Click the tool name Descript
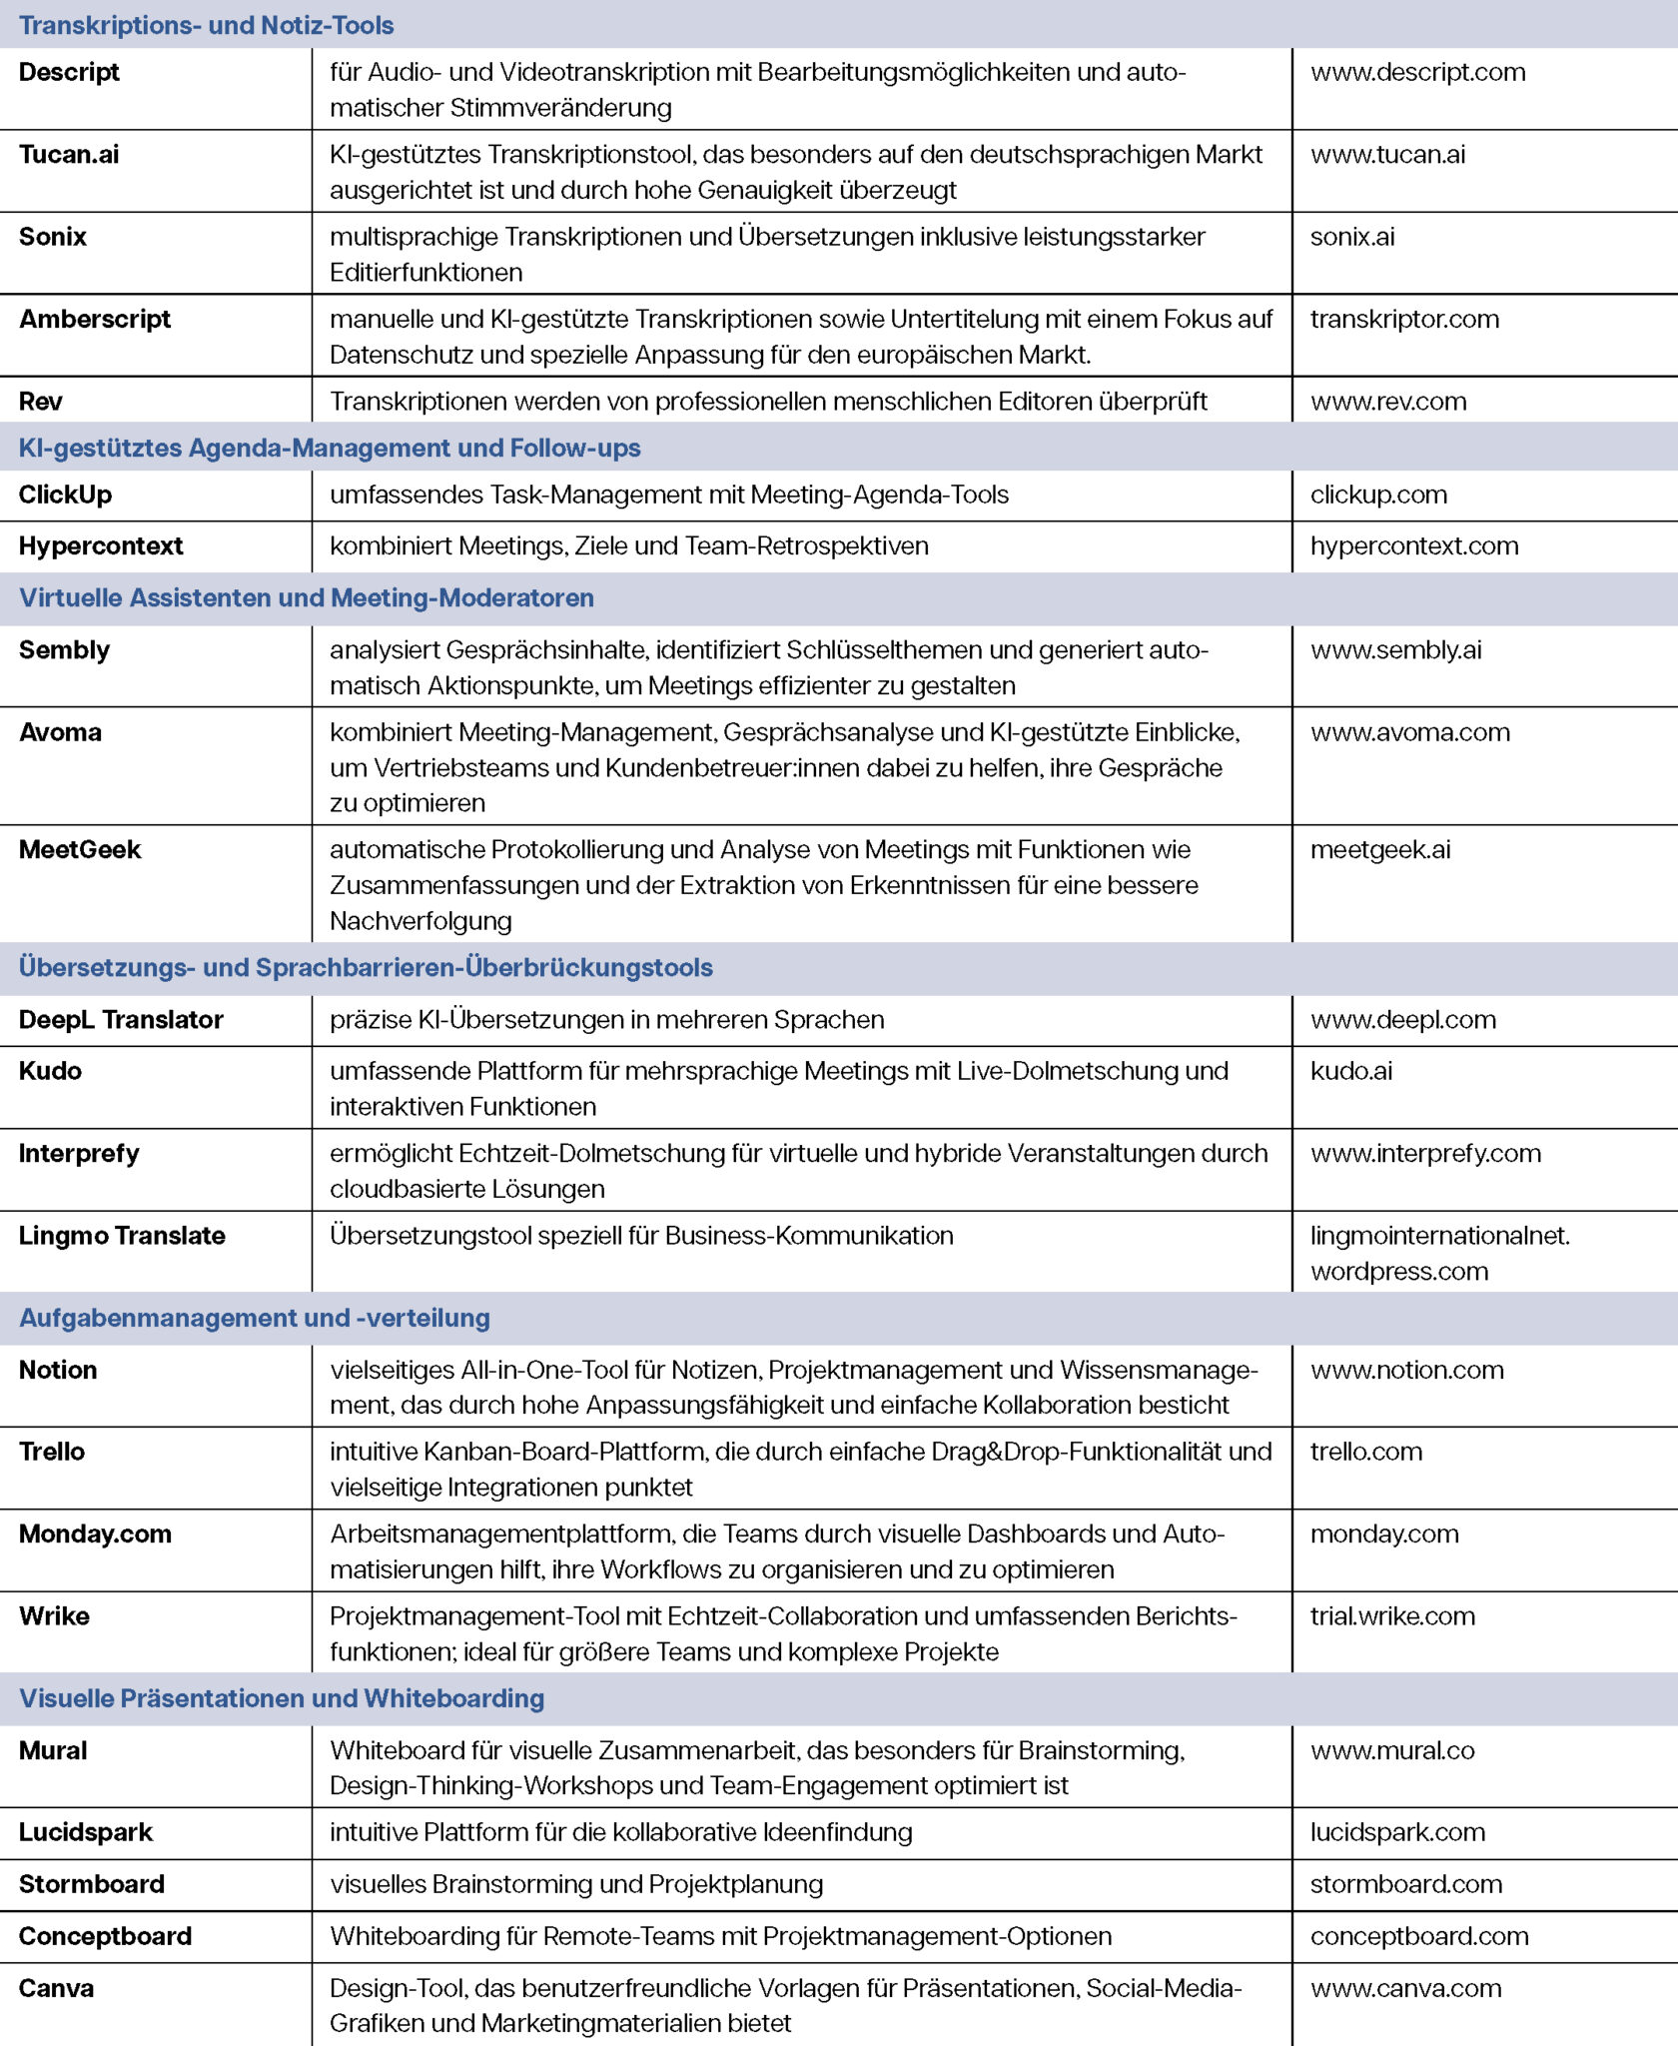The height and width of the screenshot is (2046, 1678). [69, 72]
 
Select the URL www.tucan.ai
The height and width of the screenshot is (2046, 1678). [1387, 154]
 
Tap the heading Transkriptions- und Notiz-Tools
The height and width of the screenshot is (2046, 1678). [206, 25]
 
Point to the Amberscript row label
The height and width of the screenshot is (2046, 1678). [95, 319]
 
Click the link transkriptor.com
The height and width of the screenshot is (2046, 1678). [1404, 319]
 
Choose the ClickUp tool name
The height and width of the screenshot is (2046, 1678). [65, 495]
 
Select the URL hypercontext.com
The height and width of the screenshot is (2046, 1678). [1414, 545]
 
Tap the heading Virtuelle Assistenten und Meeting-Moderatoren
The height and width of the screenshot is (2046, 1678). [306, 597]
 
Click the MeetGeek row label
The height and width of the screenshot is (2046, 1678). [80, 849]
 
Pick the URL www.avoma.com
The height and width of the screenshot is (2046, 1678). [1409, 732]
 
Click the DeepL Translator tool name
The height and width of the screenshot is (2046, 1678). [121, 1019]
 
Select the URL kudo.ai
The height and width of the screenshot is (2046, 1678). [1350, 1071]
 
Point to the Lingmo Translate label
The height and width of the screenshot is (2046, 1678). [122, 1236]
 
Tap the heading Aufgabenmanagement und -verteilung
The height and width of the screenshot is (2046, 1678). [255, 1318]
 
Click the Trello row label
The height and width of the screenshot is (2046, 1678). [52, 1452]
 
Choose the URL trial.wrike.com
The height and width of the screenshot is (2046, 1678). [1392, 1616]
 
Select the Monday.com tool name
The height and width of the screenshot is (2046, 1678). [95, 1534]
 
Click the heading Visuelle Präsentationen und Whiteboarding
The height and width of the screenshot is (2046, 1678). [282, 1698]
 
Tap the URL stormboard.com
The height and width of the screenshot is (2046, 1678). [1405, 1884]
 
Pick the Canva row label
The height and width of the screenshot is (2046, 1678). [56, 1988]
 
